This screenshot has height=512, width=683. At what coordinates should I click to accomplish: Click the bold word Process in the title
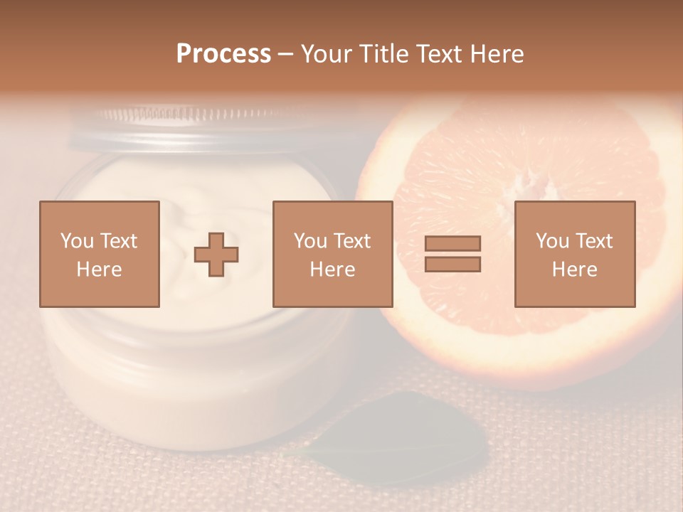point(223,54)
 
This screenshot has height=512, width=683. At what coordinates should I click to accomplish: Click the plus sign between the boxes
point(216,254)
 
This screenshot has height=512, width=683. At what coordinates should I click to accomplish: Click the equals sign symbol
point(452,254)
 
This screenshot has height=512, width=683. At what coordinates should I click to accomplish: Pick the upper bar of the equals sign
point(452,244)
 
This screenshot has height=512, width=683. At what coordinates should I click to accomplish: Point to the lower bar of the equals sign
point(452,264)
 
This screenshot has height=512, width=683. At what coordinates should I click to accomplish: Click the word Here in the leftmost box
point(100,270)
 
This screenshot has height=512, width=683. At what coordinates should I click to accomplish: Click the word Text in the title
point(438,54)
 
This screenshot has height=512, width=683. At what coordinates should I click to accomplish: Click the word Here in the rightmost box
point(575,270)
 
